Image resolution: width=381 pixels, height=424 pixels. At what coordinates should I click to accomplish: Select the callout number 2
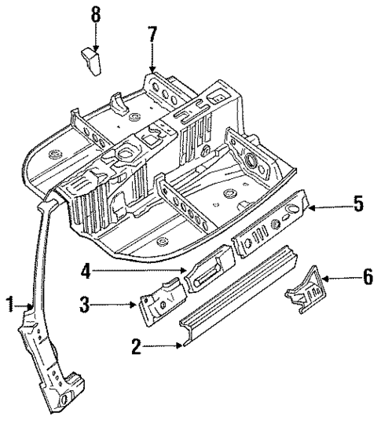click(x=137, y=345)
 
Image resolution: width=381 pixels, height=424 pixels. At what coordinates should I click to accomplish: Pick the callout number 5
click(x=357, y=205)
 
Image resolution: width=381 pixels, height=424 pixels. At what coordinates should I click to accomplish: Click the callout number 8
click(x=95, y=13)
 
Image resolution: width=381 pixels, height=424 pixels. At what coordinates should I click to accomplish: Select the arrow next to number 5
click(x=330, y=207)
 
